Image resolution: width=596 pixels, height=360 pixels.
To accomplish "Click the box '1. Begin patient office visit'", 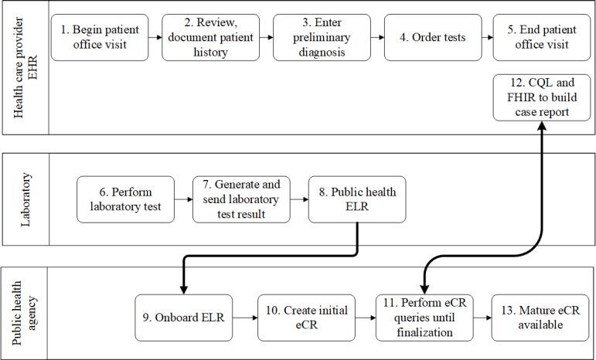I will point(99,37).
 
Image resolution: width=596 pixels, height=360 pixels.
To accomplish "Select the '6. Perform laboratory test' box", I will point(124,199).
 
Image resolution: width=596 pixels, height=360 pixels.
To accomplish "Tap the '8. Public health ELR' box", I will point(356,199).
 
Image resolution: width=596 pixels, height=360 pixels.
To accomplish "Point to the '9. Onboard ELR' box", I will point(183,318).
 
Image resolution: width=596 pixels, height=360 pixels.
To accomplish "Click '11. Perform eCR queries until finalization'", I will point(424,318).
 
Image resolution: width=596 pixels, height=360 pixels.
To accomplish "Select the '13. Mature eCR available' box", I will point(538,318).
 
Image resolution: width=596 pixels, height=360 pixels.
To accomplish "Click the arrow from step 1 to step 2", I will point(155,37).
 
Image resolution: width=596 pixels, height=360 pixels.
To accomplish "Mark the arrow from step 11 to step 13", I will point(482,318).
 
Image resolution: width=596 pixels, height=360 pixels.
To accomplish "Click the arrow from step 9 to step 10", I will point(244,318).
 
